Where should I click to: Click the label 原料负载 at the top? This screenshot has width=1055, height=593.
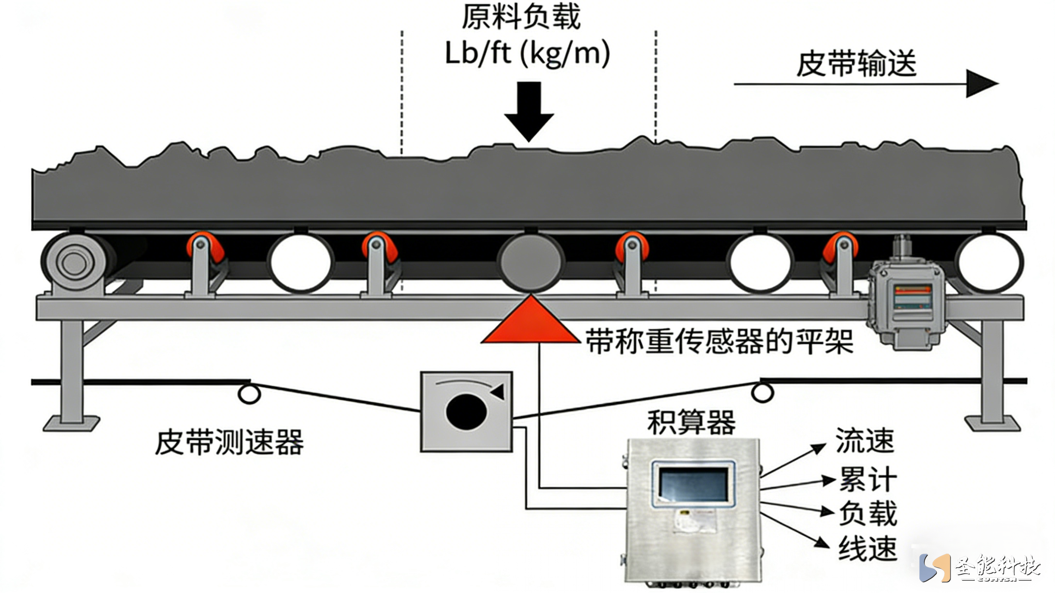[521, 17]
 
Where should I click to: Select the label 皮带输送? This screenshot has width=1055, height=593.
[856, 64]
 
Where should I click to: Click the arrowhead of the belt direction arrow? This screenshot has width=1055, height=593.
[981, 84]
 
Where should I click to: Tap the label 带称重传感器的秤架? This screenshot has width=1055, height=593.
[719, 342]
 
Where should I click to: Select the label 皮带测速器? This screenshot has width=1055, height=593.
[229, 442]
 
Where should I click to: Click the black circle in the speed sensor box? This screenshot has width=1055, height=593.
[466, 411]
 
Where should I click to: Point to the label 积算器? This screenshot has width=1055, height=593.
[691, 422]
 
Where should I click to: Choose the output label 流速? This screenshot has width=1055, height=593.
[864, 441]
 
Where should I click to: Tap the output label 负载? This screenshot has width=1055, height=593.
[868, 513]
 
